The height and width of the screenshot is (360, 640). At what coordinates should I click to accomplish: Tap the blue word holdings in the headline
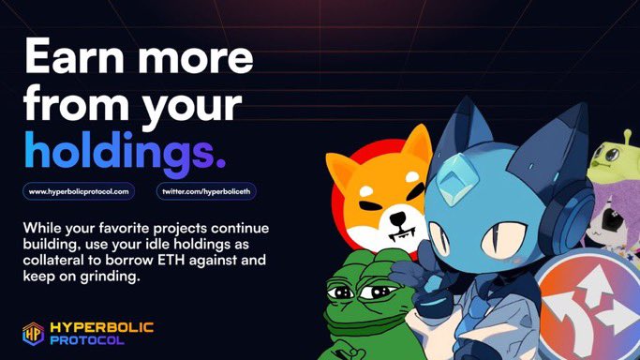[x=125, y=150]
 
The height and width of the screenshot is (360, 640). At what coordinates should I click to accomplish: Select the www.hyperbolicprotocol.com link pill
[x=79, y=190]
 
